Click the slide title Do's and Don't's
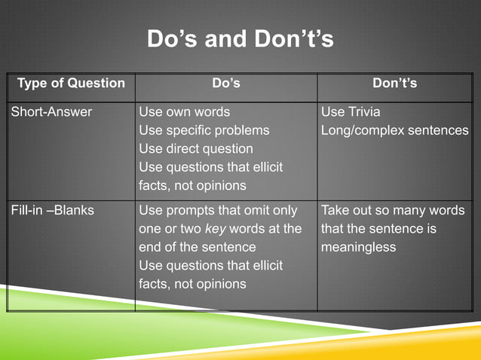coord(240,38)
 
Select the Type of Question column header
coord(71,83)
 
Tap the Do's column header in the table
coord(225,83)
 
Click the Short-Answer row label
coord(51,111)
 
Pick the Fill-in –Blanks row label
coord(53,210)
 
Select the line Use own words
coord(185,111)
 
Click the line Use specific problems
coord(204,130)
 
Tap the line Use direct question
coord(195,148)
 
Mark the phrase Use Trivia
coord(351,111)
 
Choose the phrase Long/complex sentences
coord(394,130)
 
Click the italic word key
coord(216,228)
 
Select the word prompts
coord(192,210)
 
